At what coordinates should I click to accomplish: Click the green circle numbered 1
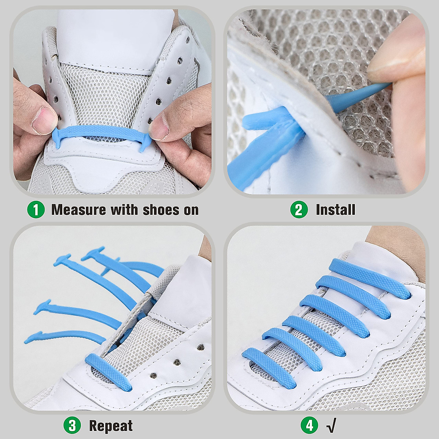pyautogui.click(x=36, y=210)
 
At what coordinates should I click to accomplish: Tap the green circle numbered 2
pyautogui.click(x=299, y=210)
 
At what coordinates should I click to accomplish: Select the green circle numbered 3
pyautogui.click(x=72, y=425)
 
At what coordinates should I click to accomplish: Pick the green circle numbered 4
pyautogui.click(x=309, y=425)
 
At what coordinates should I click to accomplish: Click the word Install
pyautogui.click(x=335, y=210)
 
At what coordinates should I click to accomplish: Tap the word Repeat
pyautogui.click(x=111, y=426)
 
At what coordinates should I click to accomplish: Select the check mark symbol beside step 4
pyautogui.click(x=331, y=426)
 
